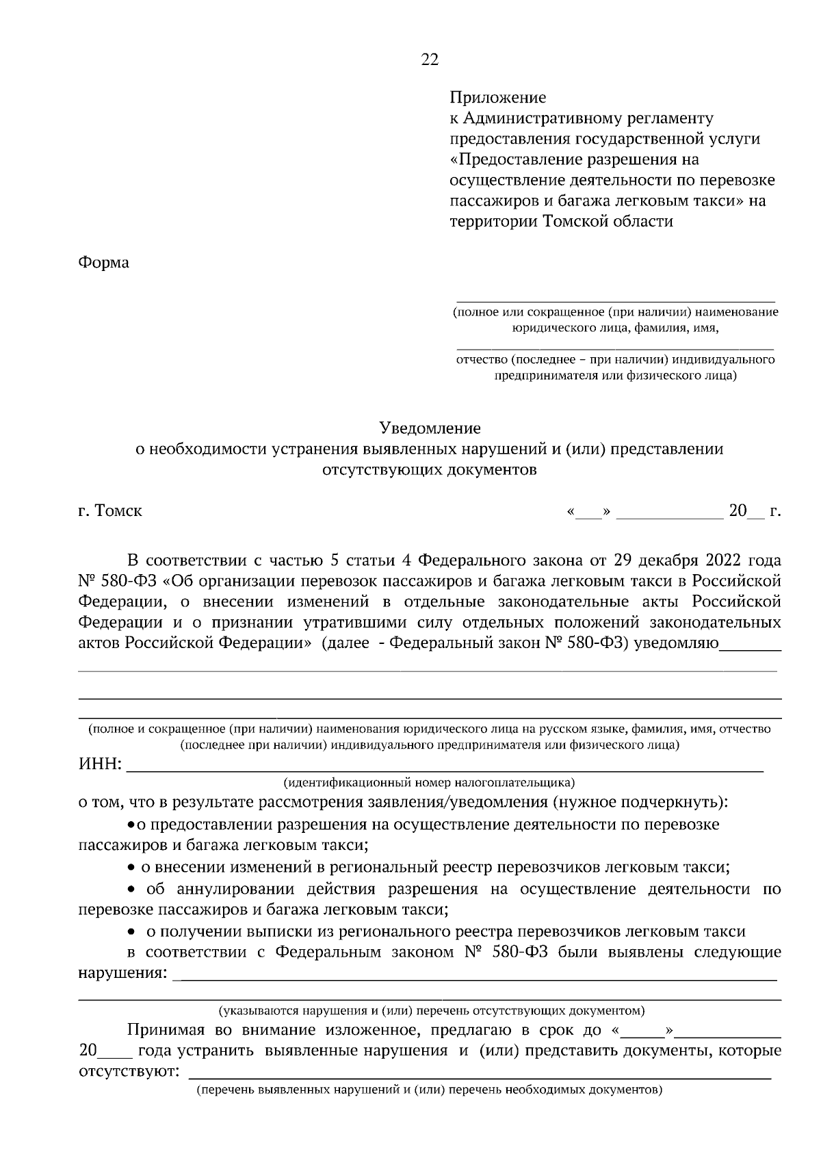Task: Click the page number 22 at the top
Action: tap(429, 60)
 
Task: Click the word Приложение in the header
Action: tap(497, 98)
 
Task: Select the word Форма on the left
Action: tap(103, 262)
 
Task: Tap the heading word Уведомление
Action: tap(430, 428)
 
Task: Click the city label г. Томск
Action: tap(110, 511)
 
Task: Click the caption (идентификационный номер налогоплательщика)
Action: tap(429, 782)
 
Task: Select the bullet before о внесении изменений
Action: tap(131, 868)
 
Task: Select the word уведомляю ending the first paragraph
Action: tap(677, 643)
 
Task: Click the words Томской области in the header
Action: tap(608, 222)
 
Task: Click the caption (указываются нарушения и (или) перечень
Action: tap(431, 1010)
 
